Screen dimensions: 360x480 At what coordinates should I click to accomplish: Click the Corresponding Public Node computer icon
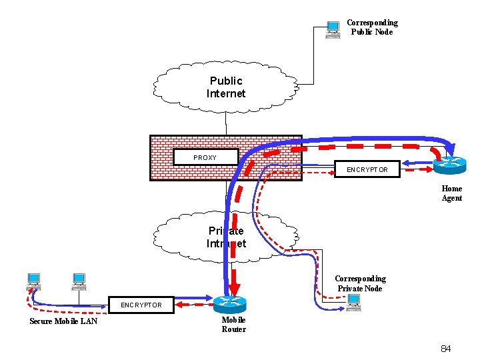pyautogui.click(x=332, y=30)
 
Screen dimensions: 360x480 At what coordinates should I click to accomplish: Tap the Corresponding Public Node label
pyautogui.click(x=371, y=27)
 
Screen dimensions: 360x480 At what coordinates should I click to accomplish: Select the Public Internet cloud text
pyautogui.click(x=226, y=87)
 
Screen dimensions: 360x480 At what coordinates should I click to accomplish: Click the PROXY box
pyautogui.click(x=205, y=157)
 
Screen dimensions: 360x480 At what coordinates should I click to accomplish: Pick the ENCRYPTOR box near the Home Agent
pyautogui.click(x=367, y=169)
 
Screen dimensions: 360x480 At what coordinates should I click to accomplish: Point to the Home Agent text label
pyautogui.click(x=451, y=193)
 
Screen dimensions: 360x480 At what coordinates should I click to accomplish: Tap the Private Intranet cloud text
pyautogui.click(x=226, y=237)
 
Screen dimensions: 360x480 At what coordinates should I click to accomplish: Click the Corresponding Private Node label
pyautogui.click(x=360, y=283)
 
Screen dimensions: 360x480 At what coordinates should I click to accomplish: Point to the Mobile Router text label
pyautogui.click(x=233, y=325)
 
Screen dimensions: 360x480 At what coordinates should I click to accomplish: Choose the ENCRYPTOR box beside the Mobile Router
pyautogui.click(x=141, y=305)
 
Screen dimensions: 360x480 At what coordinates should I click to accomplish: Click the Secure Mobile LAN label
pyautogui.click(x=63, y=321)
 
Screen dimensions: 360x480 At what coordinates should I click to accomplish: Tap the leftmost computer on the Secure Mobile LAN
pyautogui.click(x=33, y=281)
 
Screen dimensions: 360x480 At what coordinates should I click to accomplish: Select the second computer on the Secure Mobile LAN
pyautogui.click(x=79, y=281)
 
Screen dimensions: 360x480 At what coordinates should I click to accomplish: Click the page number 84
pyautogui.click(x=445, y=349)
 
